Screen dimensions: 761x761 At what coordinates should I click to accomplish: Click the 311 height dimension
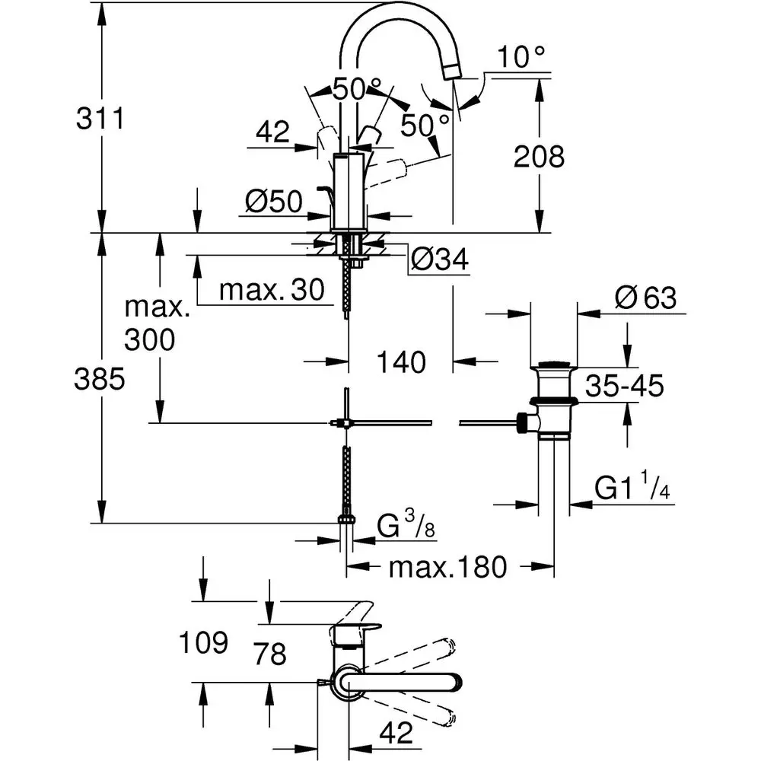(x=98, y=119)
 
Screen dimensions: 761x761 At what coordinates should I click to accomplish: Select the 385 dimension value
(x=98, y=379)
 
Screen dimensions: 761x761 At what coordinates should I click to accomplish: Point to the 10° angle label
(x=522, y=56)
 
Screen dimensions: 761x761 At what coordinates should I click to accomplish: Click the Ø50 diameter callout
(x=275, y=202)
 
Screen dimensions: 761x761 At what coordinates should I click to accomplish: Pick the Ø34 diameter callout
(x=439, y=261)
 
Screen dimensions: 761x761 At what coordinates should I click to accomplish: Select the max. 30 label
(x=271, y=290)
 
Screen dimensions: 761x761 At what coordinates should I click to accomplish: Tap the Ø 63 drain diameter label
(x=646, y=298)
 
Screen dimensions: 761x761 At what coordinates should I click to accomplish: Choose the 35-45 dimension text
(x=625, y=387)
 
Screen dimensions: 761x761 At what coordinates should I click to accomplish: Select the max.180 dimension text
(x=447, y=567)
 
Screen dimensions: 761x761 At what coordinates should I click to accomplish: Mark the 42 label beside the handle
(x=273, y=133)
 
